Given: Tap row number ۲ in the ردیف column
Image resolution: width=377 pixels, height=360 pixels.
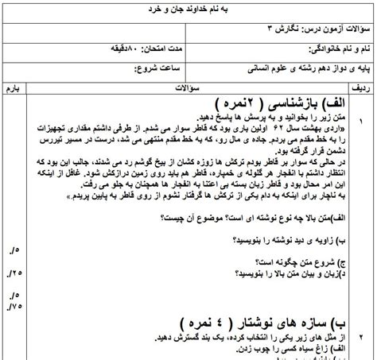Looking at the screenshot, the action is pos(362,333).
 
